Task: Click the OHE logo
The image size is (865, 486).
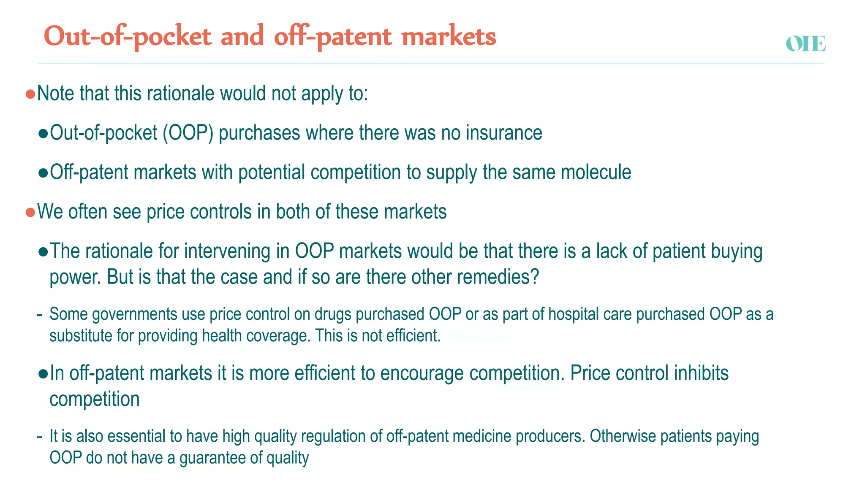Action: click(x=805, y=44)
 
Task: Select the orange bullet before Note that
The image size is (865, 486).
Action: click(x=30, y=94)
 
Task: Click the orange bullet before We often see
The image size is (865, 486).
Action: click(x=30, y=212)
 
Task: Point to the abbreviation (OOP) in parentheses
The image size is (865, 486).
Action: click(x=188, y=133)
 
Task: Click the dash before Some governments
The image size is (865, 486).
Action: click(x=40, y=315)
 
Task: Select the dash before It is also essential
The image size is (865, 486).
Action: click(x=40, y=437)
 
